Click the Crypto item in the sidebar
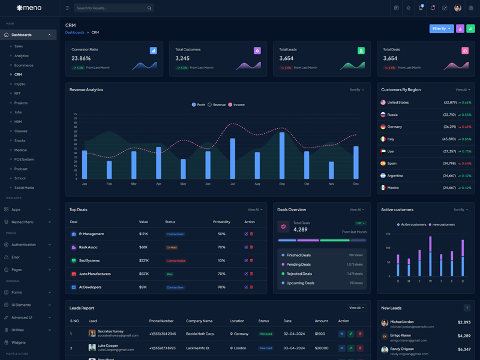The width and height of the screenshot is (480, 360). pyautogui.click(x=20, y=84)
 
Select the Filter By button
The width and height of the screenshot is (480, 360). pyautogui.click(x=441, y=28)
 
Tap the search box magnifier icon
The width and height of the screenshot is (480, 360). pyautogui.click(x=149, y=8)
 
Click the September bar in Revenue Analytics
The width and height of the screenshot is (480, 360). pyautogui.click(x=282, y=155)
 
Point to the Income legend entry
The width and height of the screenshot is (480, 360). pyautogui.click(x=236, y=105)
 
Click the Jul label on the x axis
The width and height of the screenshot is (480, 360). pyautogui.click(x=232, y=184)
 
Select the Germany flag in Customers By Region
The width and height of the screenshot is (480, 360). pyautogui.click(x=383, y=127)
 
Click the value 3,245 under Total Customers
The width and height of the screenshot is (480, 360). pyautogui.click(x=182, y=58)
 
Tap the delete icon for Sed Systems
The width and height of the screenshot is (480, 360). pyautogui.click(x=251, y=260)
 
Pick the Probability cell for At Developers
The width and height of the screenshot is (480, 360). pyautogui.click(x=221, y=287)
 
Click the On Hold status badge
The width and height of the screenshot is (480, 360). pyautogui.click(x=172, y=247)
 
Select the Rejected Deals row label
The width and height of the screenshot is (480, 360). pyautogui.click(x=299, y=274)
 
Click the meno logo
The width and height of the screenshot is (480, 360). pyautogui.click(x=29, y=8)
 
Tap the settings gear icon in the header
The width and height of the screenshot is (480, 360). pyautogui.click(x=471, y=8)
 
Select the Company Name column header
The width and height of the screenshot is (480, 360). pyautogui.click(x=199, y=321)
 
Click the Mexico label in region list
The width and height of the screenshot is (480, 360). pyautogui.click(x=393, y=188)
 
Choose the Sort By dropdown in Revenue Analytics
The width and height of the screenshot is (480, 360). pyautogui.click(x=356, y=90)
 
